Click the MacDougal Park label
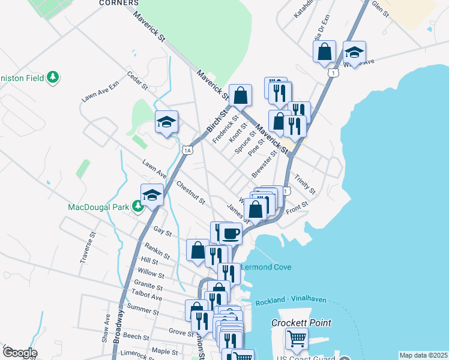point(99,207)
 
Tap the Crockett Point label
point(301,322)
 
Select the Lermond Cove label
point(266,267)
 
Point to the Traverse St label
point(88,248)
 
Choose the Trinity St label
point(305,185)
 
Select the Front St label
point(297,207)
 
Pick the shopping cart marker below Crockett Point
point(297,340)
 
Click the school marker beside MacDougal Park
point(152,194)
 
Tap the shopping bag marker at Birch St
point(240,94)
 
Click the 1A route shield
point(188,150)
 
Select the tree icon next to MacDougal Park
point(138,207)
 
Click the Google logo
point(20,353)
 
